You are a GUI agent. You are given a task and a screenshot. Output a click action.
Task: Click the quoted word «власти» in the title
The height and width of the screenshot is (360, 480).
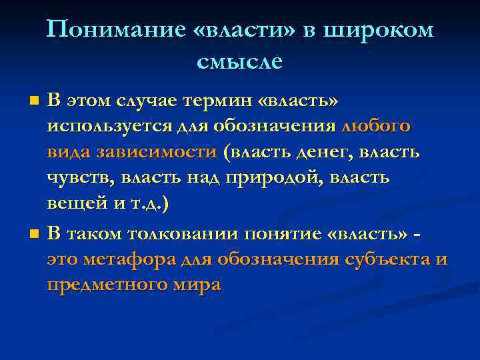[x=233, y=30]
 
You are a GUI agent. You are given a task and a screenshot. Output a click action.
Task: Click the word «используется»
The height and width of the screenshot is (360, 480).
[x=101, y=126]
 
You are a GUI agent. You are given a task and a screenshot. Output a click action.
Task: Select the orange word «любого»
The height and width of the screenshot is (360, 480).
[x=376, y=126]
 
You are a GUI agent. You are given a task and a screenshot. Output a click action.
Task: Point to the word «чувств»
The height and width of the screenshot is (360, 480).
[x=74, y=179]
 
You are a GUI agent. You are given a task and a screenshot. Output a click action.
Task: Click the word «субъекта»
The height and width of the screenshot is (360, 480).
[x=384, y=259]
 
